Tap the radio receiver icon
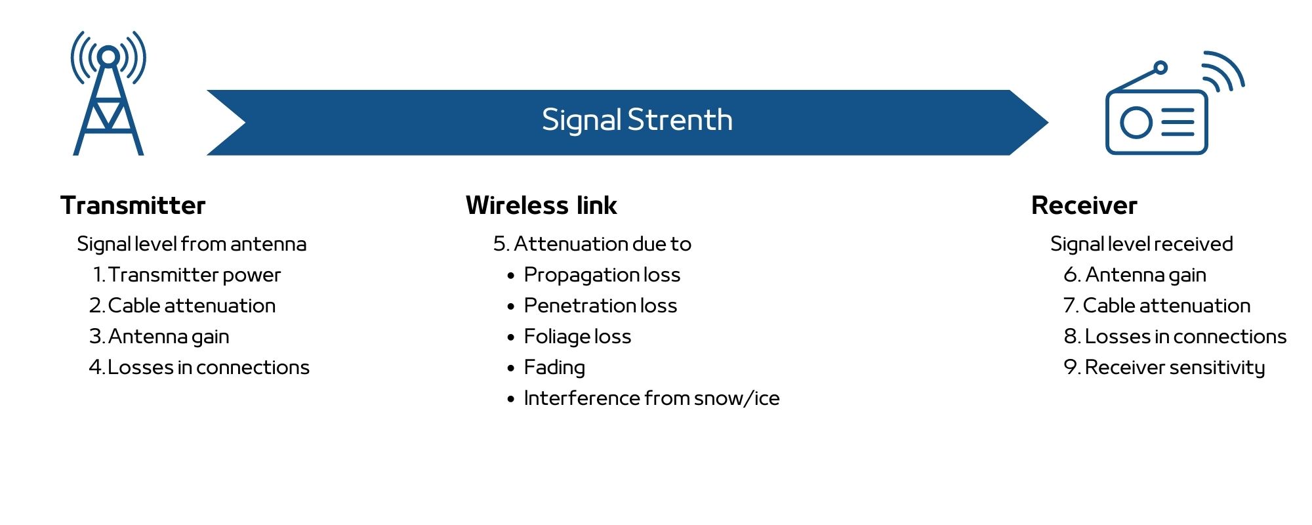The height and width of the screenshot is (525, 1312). tap(1157, 121)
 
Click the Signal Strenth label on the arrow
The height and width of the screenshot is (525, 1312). tap(637, 120)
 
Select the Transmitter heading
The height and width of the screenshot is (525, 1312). tap(133, 205)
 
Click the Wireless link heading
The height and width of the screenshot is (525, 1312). tap(541, 205)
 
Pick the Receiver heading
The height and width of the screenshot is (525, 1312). tap(1084, 205)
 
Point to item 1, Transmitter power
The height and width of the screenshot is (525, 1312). tap(187, 275)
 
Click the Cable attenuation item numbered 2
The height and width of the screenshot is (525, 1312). tap(182, 306)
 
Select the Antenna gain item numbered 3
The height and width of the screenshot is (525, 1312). tap(159, 337)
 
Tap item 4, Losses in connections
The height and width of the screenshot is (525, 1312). tap(199, 367)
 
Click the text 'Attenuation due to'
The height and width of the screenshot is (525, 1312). tap(602, 244)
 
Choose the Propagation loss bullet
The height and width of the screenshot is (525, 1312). tap(602, 275)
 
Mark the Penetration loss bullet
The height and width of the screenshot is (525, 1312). tap(600, 306)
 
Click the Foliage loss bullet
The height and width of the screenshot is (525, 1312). tap(577, 337)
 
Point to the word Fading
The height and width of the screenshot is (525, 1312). tap(554, 367)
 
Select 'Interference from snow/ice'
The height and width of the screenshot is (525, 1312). tap(651, 398)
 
